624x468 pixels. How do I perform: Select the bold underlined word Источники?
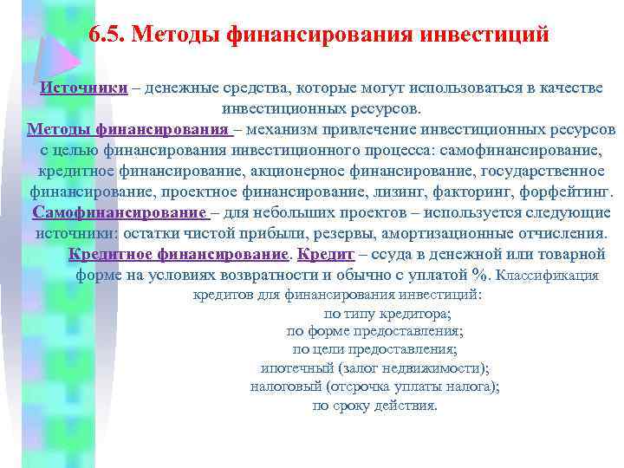(x=84, y=88)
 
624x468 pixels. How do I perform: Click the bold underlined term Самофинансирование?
(x=118, y=213)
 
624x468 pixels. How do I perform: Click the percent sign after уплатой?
(x=481, y=276)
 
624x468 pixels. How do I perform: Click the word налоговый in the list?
(x=284, y=387)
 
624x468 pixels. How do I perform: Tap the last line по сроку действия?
(x=375, y=406)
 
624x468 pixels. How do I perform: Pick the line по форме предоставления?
(x=375, y=331)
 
